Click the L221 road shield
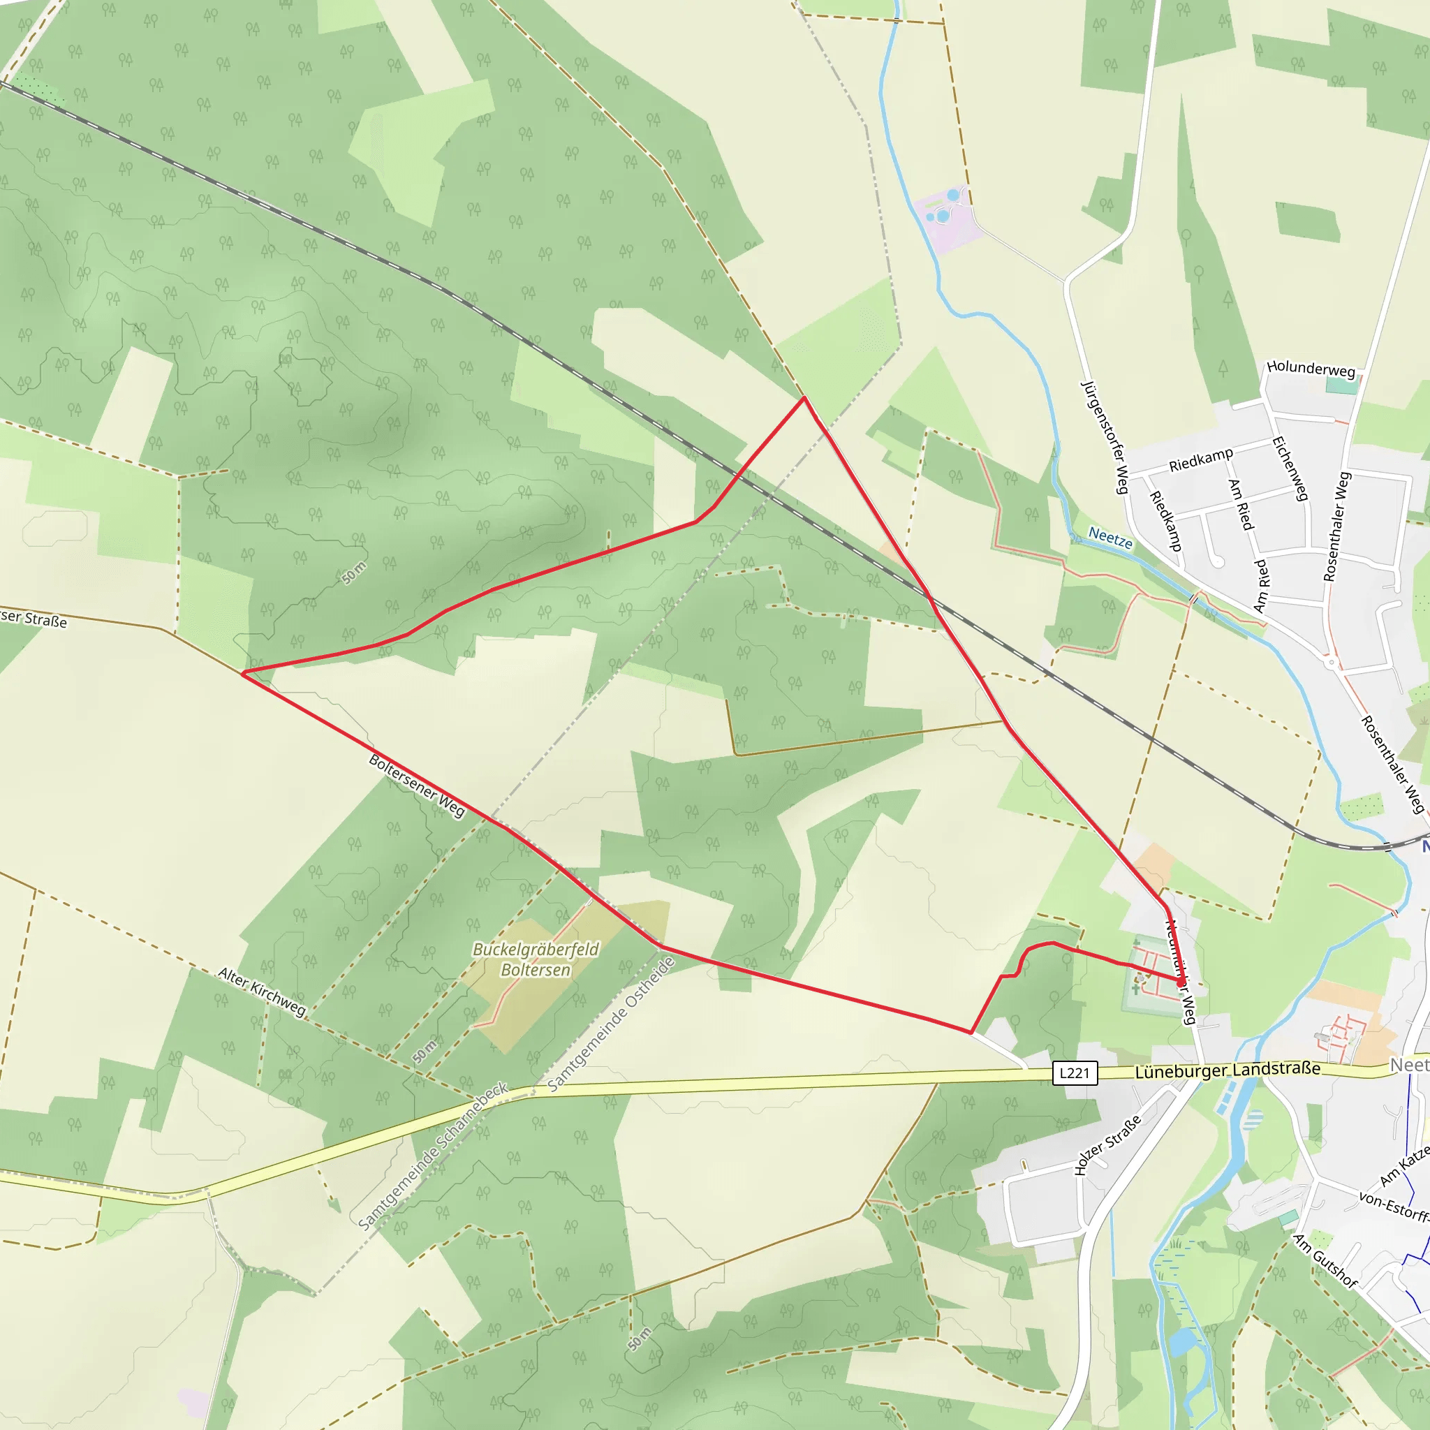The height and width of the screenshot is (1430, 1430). (x=1074, y=1072)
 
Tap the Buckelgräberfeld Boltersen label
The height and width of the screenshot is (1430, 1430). (x=535, y=959)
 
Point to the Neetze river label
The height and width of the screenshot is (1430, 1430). (x=1110, y=538)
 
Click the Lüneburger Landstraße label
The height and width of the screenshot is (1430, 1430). (x=1228, y=1070)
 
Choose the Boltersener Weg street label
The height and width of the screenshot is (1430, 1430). (x=417, y=786)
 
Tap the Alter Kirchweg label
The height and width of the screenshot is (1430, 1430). (x=262, y=992)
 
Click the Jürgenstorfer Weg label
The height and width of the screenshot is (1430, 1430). (x=1105, y=436)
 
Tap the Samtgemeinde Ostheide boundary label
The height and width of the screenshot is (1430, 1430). (x=612, y=1025)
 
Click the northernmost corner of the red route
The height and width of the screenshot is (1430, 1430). (x=804, y=398)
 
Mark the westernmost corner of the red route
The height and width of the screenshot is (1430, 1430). (x=243, y=673)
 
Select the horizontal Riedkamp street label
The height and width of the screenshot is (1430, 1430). (x=1200, y=459)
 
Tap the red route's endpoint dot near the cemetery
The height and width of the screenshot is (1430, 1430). (x=1181, y=983)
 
